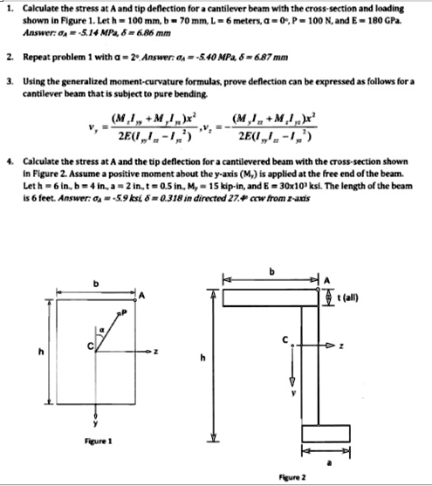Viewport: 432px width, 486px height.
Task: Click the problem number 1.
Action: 7,7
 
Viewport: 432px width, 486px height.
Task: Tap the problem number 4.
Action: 7,162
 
